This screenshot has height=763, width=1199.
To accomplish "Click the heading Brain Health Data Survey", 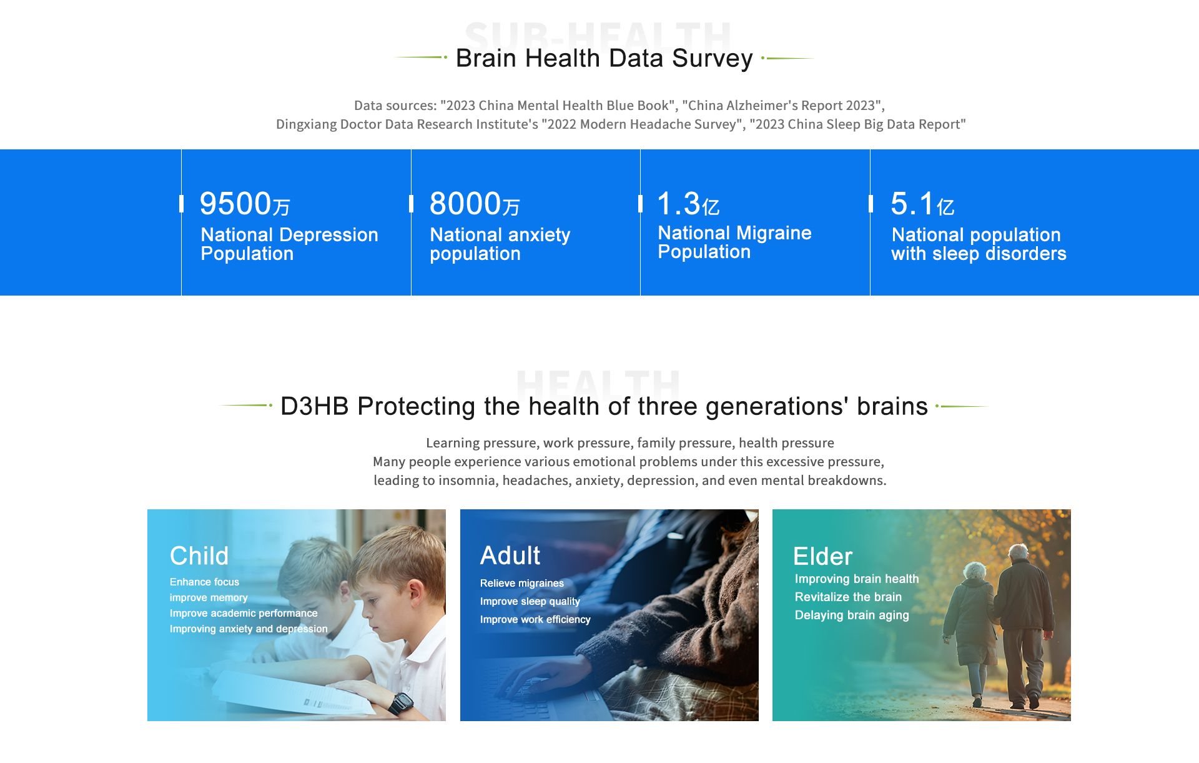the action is coord(604,59).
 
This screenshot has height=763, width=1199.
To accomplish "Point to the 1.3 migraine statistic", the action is coord(679,204).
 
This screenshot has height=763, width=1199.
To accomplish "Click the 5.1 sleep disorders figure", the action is coord(912,204).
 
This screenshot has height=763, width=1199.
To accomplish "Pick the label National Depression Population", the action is coord(289,244).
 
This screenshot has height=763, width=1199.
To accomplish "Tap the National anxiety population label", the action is coord(500,244).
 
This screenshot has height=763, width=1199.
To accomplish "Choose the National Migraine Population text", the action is coord(734,242).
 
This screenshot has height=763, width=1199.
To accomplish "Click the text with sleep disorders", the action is coord(979,254).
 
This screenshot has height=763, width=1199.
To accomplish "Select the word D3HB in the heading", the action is coord(314,406).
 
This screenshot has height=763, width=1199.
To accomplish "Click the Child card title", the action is coord(199,556).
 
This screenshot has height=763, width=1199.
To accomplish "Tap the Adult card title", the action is coord(510,556).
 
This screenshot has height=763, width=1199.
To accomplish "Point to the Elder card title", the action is coord(822,556).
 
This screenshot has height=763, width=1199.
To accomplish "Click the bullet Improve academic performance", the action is coord(244,613).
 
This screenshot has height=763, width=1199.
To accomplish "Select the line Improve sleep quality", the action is coord(530,601).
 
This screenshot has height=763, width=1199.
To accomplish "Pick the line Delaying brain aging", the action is coord(852,615).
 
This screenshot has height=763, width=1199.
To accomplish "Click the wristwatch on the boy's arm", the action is coord(400,703).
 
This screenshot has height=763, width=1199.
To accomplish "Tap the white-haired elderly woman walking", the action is coord(972,631).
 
